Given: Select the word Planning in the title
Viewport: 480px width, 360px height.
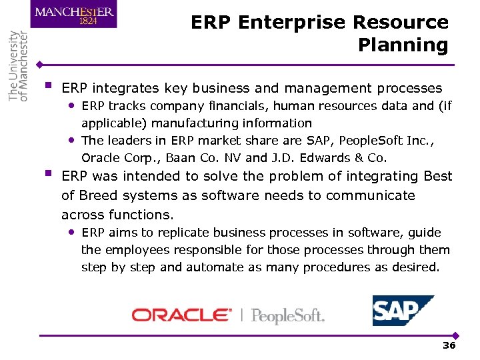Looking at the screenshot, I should pos(403,45).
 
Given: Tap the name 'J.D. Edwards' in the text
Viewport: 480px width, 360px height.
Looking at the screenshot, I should pos(307,158).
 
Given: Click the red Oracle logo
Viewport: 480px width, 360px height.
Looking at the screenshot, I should pos(181,315).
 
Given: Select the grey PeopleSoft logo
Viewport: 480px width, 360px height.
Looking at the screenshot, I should pos(287,315).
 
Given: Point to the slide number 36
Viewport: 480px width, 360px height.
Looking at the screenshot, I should pos(449,345).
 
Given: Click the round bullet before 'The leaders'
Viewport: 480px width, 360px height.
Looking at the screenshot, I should pos(71,140).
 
